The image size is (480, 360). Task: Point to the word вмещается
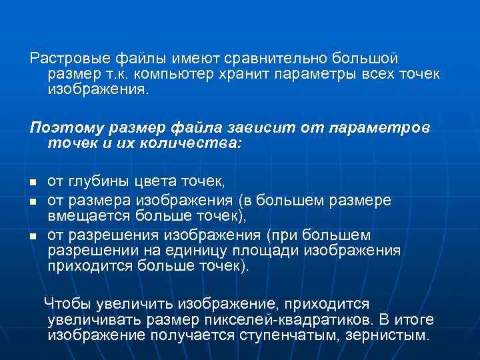[x=89, y=215]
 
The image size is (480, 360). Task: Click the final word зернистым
[x=387, y=335]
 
